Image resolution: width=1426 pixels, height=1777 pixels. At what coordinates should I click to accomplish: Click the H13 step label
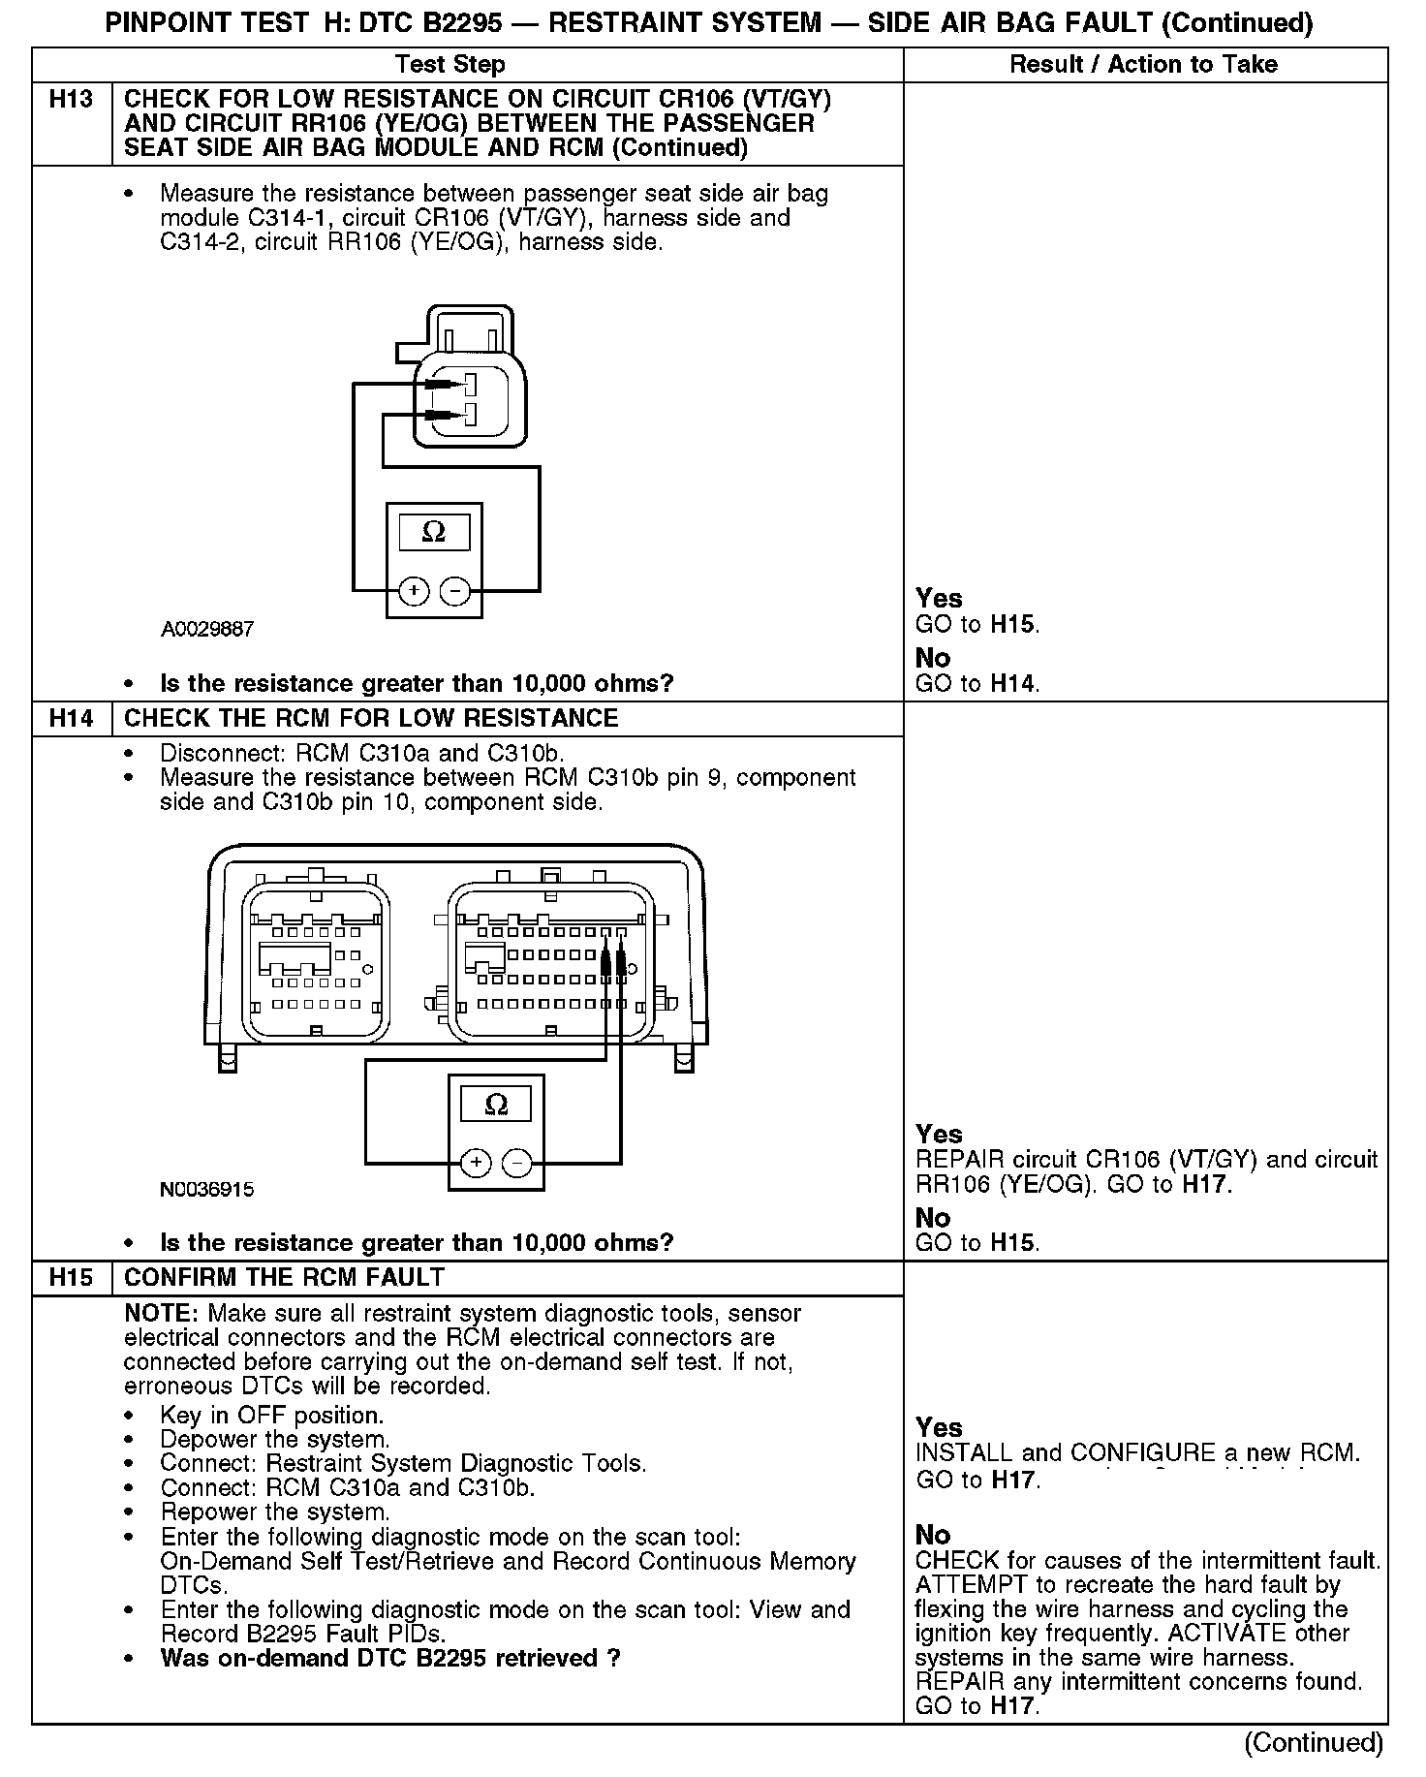tap(71, 100)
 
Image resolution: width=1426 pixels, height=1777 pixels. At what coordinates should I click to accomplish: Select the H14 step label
tap(71, 718)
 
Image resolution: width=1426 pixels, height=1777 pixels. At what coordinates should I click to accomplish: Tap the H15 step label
tap(71, 1277)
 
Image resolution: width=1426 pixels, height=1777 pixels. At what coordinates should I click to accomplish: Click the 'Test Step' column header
tap(450, 65)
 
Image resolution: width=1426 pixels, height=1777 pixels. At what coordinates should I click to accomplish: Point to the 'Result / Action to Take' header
tap(1143, 65)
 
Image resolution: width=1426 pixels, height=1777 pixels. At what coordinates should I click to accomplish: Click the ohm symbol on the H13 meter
tap(434, 532)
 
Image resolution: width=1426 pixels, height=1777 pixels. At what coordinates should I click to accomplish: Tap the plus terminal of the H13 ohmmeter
tap(414, 590)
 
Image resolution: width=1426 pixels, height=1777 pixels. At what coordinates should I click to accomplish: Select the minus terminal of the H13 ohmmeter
tap(454, 590)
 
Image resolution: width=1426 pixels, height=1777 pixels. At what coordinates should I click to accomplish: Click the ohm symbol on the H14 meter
tap(495, 1105)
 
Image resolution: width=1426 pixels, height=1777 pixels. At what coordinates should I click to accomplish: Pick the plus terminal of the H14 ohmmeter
tap(475, 1162)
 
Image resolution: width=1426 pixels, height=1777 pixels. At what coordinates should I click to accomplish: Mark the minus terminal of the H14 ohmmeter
tap(516, 1162)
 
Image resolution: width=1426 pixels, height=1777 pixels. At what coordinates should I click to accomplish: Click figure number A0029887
tap(207, 630)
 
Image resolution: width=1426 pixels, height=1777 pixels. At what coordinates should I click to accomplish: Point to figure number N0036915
tap(207, 1189)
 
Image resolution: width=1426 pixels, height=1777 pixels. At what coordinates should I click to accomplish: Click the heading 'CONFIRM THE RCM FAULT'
tap(284, 1277)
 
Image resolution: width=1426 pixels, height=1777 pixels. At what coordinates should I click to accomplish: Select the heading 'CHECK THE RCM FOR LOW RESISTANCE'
tap(371, 718)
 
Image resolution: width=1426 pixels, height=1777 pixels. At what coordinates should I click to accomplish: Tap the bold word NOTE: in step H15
tap(162, 1314)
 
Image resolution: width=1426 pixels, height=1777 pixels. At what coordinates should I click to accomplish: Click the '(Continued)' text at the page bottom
tap(1313, 1742)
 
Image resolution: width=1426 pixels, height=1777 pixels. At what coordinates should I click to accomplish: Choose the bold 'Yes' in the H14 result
tap(939, 1134)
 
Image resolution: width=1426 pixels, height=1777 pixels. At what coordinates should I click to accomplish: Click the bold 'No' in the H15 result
tap(933, 1534)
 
